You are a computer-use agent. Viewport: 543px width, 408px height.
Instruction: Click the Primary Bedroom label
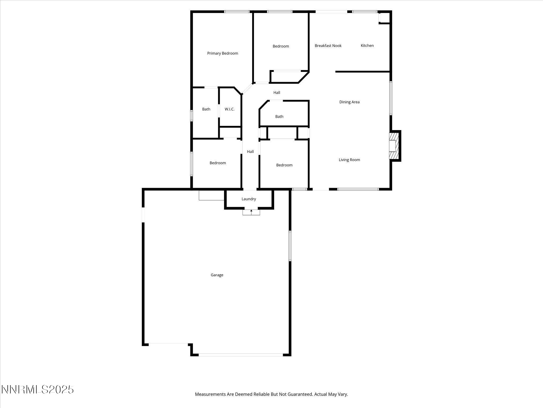pyautogui.click(x=222, y=53)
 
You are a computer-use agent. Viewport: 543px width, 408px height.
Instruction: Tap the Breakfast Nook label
pyautogui.click(x=328, y=46)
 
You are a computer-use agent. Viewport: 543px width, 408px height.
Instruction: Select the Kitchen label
pyautogui.click(x=367, y=46)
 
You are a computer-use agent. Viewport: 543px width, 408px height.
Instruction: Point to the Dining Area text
pyautogui.click(x=349, y=102)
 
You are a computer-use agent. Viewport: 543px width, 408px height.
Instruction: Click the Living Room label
pyautogui.click(x=349, y=160)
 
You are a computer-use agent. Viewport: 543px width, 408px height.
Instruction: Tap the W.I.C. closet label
pyautogui.click(x=229, y=109)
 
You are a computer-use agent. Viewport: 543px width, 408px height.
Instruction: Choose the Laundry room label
pyautogui.click(x=249, y=199)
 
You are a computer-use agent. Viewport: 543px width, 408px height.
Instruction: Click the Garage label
pyautogui.click(x=217, y=275)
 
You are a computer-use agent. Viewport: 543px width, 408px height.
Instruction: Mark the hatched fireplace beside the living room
pyautogui.click(x=393, y=146)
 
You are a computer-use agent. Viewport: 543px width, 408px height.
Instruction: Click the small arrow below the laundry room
pyautogui.click(x=251, y=211)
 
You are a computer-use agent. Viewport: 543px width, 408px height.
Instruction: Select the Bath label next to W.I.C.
pyautogui.click(x=206, y=109)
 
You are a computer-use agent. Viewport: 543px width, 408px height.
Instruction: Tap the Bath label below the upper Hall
pyautogui.click(x=279, y=117)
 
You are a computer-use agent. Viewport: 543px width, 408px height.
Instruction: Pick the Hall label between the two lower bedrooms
pyautogui.click(x=250, y=152)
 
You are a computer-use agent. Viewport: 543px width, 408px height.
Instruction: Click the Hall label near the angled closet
pyautogui.click(x=277, y=93)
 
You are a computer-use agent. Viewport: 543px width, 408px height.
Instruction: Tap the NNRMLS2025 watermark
pyautogui.click(x=37, y=390)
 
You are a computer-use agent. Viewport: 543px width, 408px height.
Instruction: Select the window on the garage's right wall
pyautogui.click(x=290, y=246)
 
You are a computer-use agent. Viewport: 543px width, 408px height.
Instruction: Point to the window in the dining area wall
pyautogui.click(x=391, y=98)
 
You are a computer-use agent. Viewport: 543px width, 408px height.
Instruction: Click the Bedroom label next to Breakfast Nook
pyautogui.click(x=281, y=46)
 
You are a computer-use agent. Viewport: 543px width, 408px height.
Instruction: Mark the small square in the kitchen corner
pyautogui.click(x=384, y=18)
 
